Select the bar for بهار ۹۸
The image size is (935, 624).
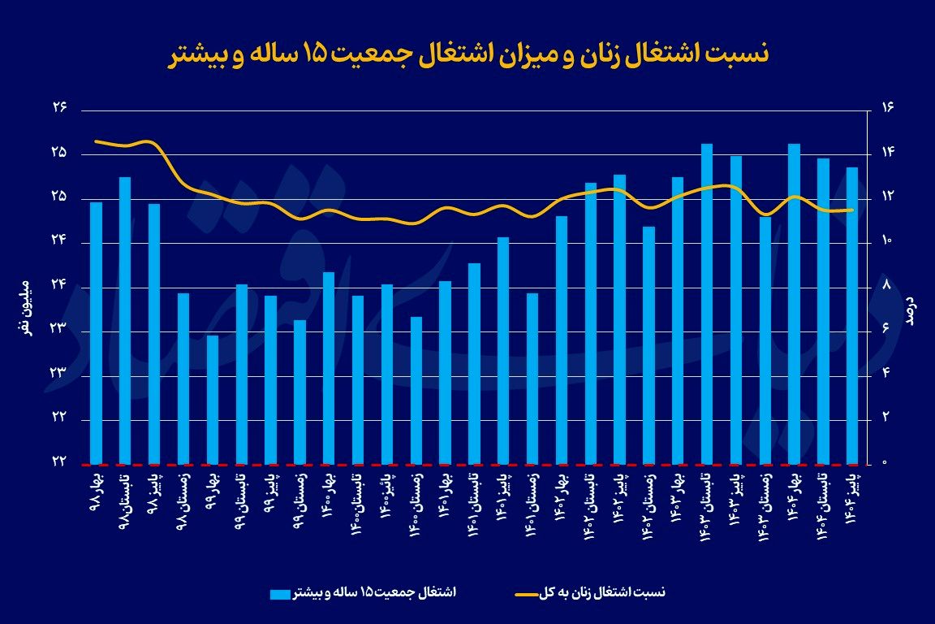pyautogui.click(x=96, y=333)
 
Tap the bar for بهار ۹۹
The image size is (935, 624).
pyautogui.click(x=213, y=400)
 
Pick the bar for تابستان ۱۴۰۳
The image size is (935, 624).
pyautogui.click(x=707, y=304)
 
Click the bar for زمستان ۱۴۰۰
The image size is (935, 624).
pyautogui.click(x=416, y=390)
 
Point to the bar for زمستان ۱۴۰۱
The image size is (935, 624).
pyautogui.click(x=532, y=379)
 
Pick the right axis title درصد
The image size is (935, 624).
pyautogui.click(x=911, y=310)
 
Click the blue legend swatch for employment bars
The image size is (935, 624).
pyautogui.click(x=279, y=594)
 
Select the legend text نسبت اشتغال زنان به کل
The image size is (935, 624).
pyautogui.click(x=602, y=593)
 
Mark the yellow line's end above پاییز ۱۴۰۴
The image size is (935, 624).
pyautogui.click(x=853, y=210)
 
